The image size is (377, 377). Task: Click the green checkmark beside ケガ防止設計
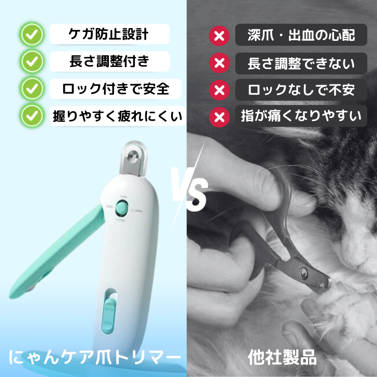[32, 35]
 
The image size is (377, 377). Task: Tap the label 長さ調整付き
[110, 62]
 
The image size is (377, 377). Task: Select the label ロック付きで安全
[116, 89]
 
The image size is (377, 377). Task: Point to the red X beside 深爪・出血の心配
[219, 36]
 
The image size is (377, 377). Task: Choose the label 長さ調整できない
[301, 64]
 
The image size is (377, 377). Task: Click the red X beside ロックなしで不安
[219, 90]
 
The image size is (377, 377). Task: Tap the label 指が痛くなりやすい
[301, 116]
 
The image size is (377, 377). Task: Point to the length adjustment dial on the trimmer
[123, 209]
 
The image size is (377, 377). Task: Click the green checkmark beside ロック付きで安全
[32, 89]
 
